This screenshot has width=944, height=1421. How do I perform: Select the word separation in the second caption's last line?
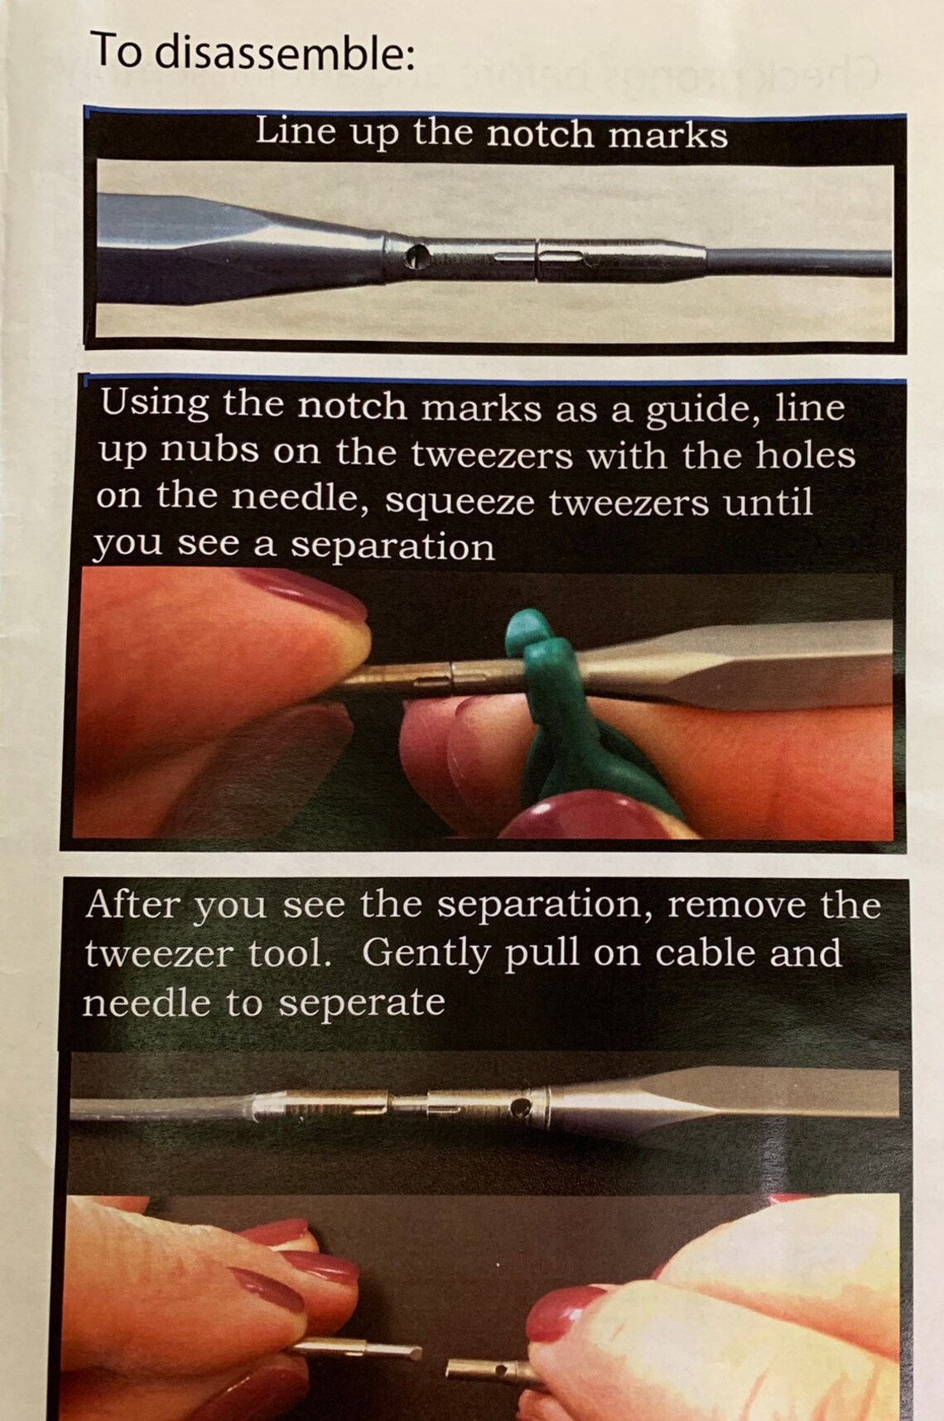(393, 546)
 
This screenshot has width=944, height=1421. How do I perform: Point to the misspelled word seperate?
(363, 1003)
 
